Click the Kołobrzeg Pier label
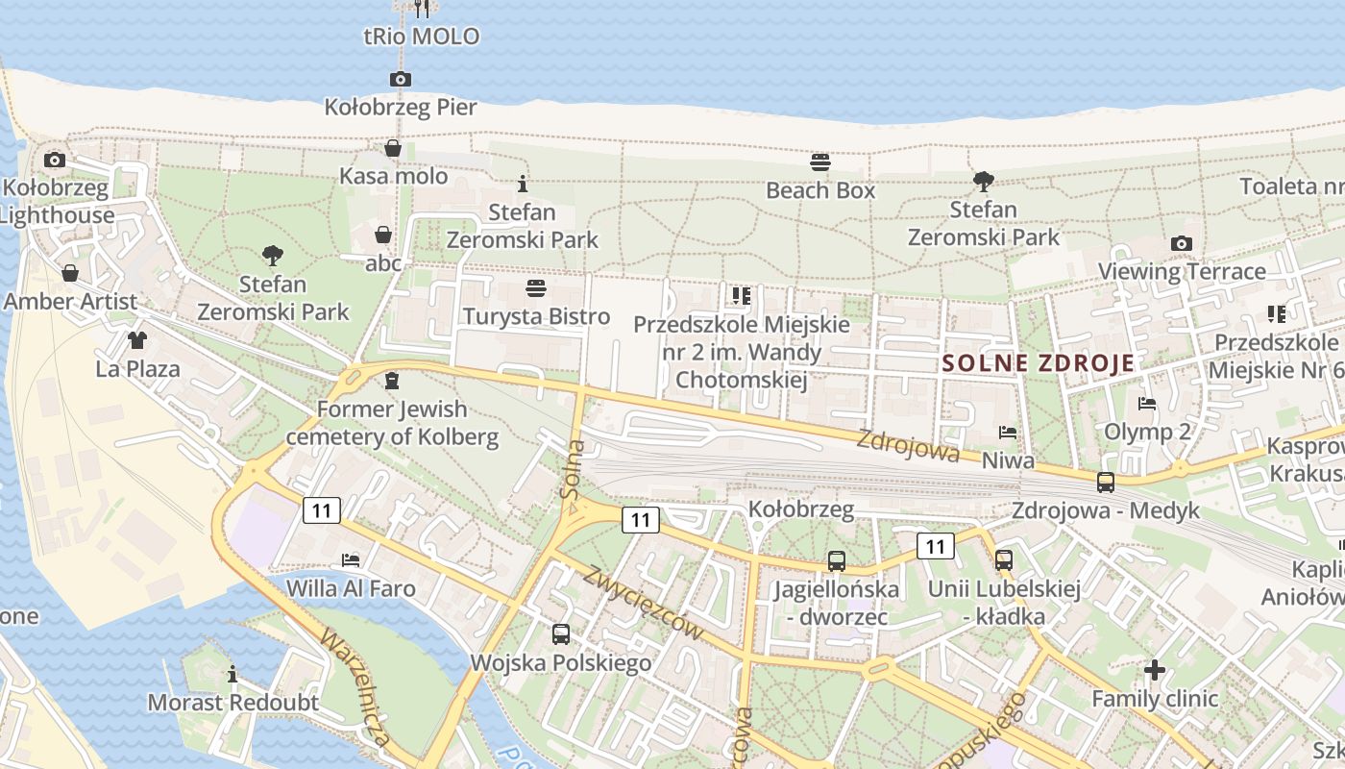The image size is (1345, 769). [401, 107]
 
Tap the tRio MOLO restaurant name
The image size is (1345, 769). [421, 37]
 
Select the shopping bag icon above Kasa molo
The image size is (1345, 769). [393, 148]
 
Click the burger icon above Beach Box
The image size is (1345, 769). [819, 161]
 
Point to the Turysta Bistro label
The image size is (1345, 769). [536, 316]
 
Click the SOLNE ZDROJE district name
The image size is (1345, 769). [1039, 363]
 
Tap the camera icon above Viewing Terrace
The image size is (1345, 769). [1181, 244]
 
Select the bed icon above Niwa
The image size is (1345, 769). [1007, 433]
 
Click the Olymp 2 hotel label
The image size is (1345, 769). [1147, 432]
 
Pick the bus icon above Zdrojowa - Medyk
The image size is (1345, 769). [1106, 482]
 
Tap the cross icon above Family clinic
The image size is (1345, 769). [1155, 670]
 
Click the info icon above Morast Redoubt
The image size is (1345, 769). [232, 674]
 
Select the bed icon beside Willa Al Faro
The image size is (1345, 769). [351, 560]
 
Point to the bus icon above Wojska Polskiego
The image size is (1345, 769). [560, 634]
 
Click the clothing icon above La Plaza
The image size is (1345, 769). [136, 340]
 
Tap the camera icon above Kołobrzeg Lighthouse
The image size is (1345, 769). [55, 160]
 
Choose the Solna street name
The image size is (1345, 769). [574, 468]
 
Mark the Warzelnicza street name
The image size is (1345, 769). [356, 686]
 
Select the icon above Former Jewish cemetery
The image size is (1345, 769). [391, 381]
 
